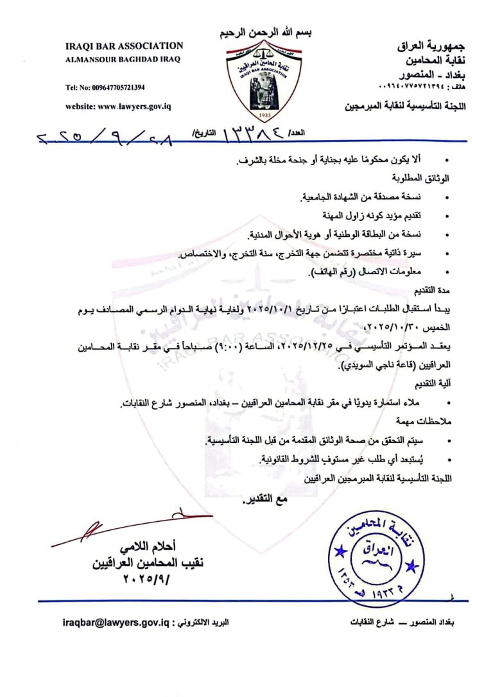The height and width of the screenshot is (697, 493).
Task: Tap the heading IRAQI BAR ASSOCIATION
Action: tap(124, 46)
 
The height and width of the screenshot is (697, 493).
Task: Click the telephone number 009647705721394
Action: tap(105, 87)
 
